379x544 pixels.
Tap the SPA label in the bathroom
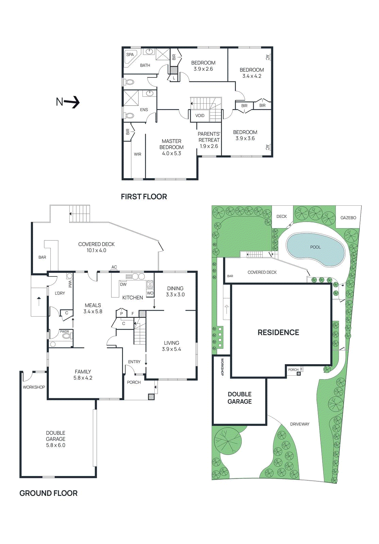[130, 54]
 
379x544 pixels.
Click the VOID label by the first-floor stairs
[200, 116]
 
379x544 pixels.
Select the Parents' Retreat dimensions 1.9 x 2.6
[209, 146]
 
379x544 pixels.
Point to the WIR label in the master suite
[137, 154]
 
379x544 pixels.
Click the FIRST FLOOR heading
[144, 197]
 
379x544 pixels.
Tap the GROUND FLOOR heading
[48, 493]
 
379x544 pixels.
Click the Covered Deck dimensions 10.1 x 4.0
[96, 251]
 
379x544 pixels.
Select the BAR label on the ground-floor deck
[42, 257]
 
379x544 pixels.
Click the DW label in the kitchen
[123, 284]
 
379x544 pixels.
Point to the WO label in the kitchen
[150, 293]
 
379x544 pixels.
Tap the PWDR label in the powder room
[64, 331]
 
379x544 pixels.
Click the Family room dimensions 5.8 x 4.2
[83, 378]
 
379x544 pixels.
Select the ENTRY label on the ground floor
[134, 362]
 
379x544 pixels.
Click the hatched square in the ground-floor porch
[151, 396]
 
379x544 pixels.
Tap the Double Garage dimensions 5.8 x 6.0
[55, 445]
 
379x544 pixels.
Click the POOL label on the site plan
[315, 247]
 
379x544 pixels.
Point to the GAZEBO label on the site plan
[348, 218]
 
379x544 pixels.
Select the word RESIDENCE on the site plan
[278, 333]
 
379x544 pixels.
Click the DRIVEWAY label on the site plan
[299, 424]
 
